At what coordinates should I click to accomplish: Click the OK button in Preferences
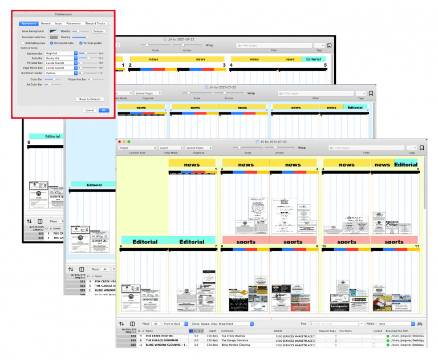[x=103, y=110]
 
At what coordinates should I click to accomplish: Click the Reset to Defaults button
[x=90, y=99]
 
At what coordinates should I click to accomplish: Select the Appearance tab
[x=28, y=23]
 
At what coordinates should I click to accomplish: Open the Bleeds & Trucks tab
[x=95, y=23]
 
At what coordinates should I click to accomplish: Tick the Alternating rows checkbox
[x=23, y=43]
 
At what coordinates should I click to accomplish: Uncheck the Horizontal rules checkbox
[x=52, y=43]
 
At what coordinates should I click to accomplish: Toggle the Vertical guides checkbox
[x=81, y=43]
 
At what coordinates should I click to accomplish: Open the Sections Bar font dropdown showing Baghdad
[x=60, y=53]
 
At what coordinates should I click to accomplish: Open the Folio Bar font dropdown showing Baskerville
[x=60, y=58]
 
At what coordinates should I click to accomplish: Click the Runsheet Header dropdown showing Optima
[x=60, y=73]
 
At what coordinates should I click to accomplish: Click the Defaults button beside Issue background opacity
[x=98, y=31]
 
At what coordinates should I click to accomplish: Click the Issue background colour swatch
[x=54, y=31]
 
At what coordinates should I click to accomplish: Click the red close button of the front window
[x=119, y=141]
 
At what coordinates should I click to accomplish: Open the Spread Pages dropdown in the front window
[x=198, y=148]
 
